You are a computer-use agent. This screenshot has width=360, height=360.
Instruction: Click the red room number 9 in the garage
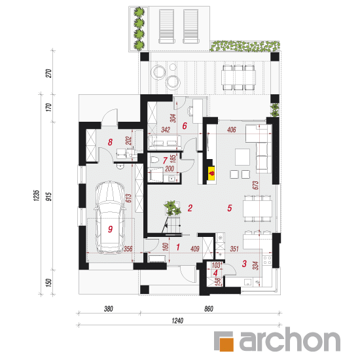click(110, 229)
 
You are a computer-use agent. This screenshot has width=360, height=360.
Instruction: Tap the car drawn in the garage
click(110, 217)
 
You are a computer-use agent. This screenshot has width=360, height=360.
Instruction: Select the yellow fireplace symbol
click(211, 173)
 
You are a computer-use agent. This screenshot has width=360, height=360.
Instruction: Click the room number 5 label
click(230, 208)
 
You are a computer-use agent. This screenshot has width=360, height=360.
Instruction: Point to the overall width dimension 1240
click(177, 321)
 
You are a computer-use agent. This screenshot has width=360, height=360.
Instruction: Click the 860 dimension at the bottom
click(209, 309)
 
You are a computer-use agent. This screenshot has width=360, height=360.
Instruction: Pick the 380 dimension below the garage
click(109, 309)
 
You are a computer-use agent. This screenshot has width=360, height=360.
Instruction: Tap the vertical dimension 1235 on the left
click(37, 196)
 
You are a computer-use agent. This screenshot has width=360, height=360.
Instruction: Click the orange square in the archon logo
click(226, 344)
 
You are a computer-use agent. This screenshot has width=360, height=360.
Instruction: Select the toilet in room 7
click(154, 160)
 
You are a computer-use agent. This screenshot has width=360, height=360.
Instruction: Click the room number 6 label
click(185, 126)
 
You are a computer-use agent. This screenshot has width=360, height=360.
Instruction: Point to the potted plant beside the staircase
click(172, 207)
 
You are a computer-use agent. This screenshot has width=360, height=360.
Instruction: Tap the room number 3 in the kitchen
click(244, 264)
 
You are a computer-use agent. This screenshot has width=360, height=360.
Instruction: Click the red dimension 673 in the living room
click(255, 185)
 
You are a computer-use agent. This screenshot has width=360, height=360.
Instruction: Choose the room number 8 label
click(110, 142)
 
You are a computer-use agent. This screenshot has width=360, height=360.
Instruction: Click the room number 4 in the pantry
click(215, 273)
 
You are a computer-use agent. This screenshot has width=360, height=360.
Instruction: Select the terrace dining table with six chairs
click(238, 77)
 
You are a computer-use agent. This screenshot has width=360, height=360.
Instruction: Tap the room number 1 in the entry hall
click(178, 247)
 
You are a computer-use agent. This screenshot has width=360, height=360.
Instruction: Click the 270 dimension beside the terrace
click(48, 73)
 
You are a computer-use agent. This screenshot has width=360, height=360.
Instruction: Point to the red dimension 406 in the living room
click(232, 130)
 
